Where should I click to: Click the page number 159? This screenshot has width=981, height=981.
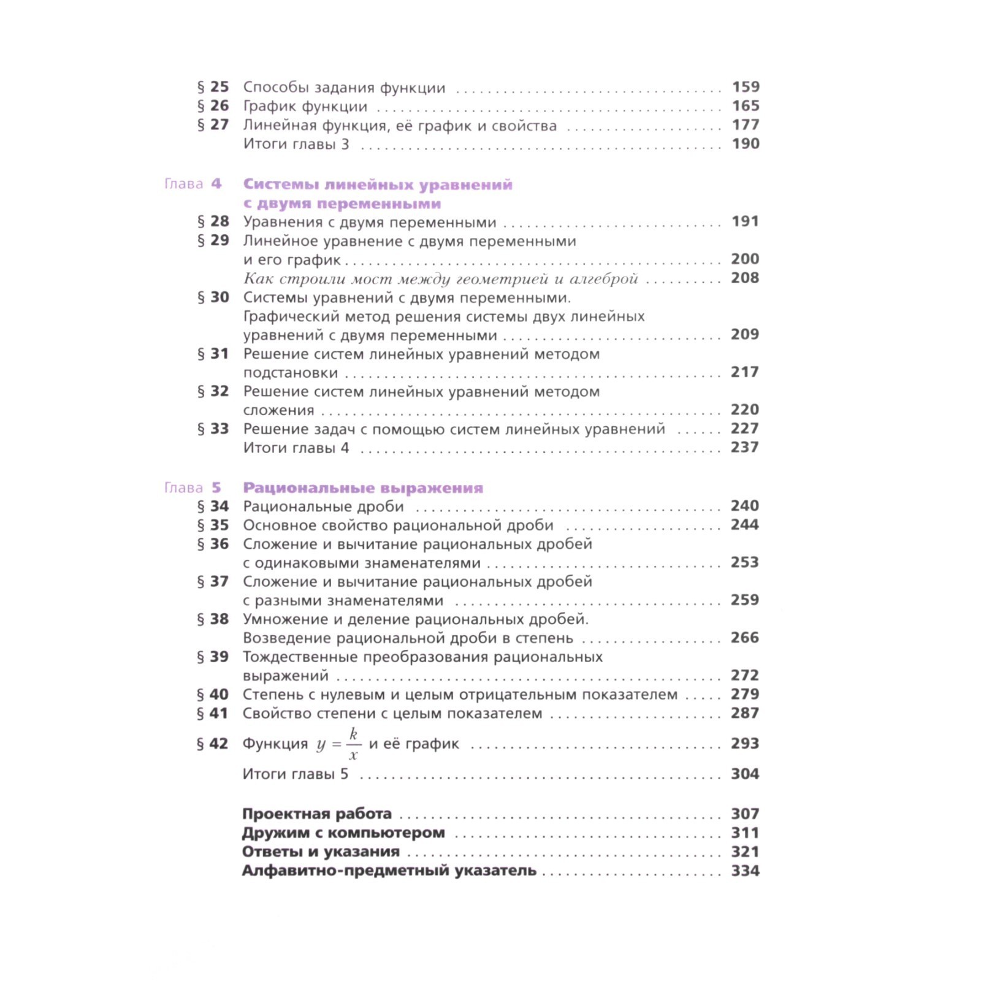[x=746, y=87]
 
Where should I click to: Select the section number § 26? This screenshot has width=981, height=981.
[x=213, y=106]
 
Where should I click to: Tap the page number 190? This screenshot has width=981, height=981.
[x=746, y=143]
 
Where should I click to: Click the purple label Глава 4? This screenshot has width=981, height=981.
[x=193, y=184]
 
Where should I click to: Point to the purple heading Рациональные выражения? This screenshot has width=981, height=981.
[x=363, y=488]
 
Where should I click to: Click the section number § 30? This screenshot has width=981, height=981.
[x=213, y=297]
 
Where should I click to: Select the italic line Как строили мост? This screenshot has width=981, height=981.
[x=440, y=279]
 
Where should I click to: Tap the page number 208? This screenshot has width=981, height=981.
[x=745, y=278]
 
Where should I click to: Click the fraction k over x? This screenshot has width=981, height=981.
[x=353, y=744]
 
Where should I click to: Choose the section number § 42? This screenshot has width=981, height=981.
[x=212, y=744]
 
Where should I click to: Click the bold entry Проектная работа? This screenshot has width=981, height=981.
[x=316, y=814]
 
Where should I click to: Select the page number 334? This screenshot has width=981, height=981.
[x=745, y=871]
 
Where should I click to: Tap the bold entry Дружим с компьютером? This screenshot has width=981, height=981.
[x=343, y=833]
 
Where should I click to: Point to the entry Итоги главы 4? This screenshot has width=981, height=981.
[x=296, y=448]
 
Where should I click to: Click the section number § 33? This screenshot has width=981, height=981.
[x=213, y=429]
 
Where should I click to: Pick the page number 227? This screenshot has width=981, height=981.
[x=745, y=429]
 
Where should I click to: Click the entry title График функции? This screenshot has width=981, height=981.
[x=305, y=107]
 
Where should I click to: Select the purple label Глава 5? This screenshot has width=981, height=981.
[x=193, y=488]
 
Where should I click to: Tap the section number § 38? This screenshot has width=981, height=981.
[x=212, y=619]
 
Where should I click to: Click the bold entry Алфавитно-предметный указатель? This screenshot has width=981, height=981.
[x=389, y=871]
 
